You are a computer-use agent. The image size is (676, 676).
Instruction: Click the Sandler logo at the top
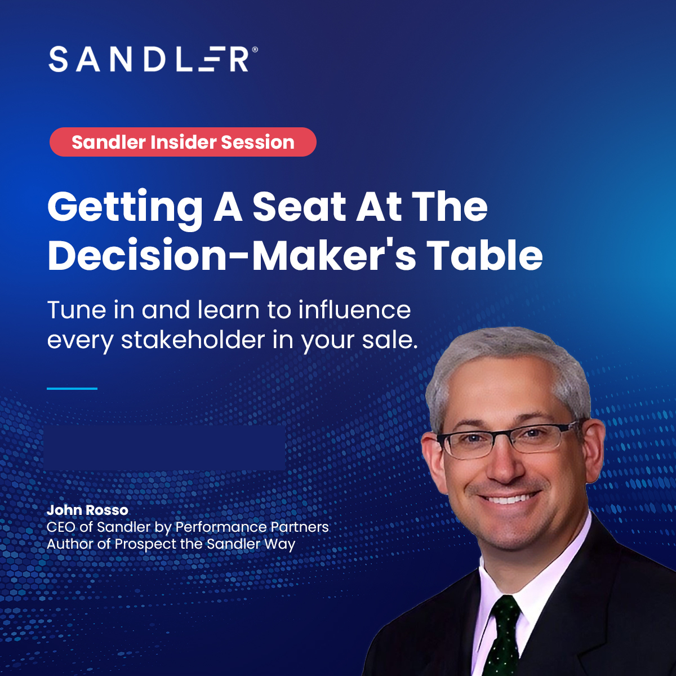point(149,59)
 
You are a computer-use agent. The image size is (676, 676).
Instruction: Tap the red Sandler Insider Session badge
point(183,142)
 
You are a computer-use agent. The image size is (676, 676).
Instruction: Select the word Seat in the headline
point(299,207)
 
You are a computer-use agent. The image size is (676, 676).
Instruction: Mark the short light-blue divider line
point(72,388)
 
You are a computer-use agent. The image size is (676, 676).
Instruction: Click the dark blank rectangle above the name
point(164,448)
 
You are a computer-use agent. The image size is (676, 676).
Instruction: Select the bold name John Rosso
point(87,510)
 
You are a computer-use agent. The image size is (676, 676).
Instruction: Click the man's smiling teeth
point(509,499)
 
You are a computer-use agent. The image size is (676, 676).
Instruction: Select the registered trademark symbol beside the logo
point(255,50)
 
